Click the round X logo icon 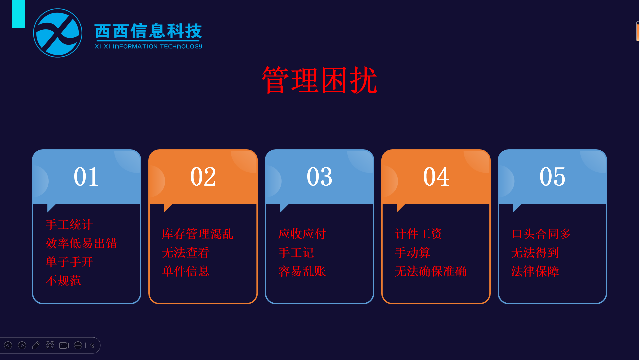coord(58,33)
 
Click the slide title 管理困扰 coord(320,80)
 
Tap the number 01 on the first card coord(86,176)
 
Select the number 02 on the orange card coord(203,176)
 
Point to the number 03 coord(319,176)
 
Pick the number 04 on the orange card coord(436,176)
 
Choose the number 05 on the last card coord(552,176)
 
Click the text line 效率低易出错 coord(81,243)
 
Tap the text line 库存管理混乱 coord(198,234)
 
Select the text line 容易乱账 coord(302,271)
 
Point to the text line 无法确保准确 coord(431,271)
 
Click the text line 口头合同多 coord(541,234)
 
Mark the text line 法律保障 coord(535,271)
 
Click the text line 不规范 coord(63,281)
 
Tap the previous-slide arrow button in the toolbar coord(8,345)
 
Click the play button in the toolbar coord(22,345)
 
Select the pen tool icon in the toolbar coord(36,345)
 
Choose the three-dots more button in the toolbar coord(78,345)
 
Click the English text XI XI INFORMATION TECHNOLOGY coord(148,46)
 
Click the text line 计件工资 coord(419,234)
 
